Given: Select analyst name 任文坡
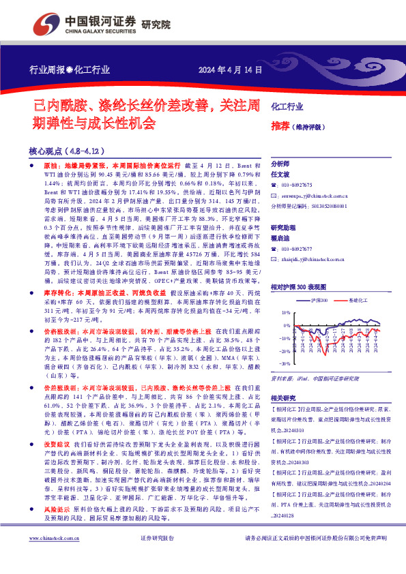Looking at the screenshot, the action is pos(281,175).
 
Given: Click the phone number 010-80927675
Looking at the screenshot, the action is pos(297,185).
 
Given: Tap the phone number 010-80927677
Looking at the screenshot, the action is pos(297,250).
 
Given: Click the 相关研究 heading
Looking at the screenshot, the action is pos(283,397).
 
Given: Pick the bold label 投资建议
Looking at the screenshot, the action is pos(42,462).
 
